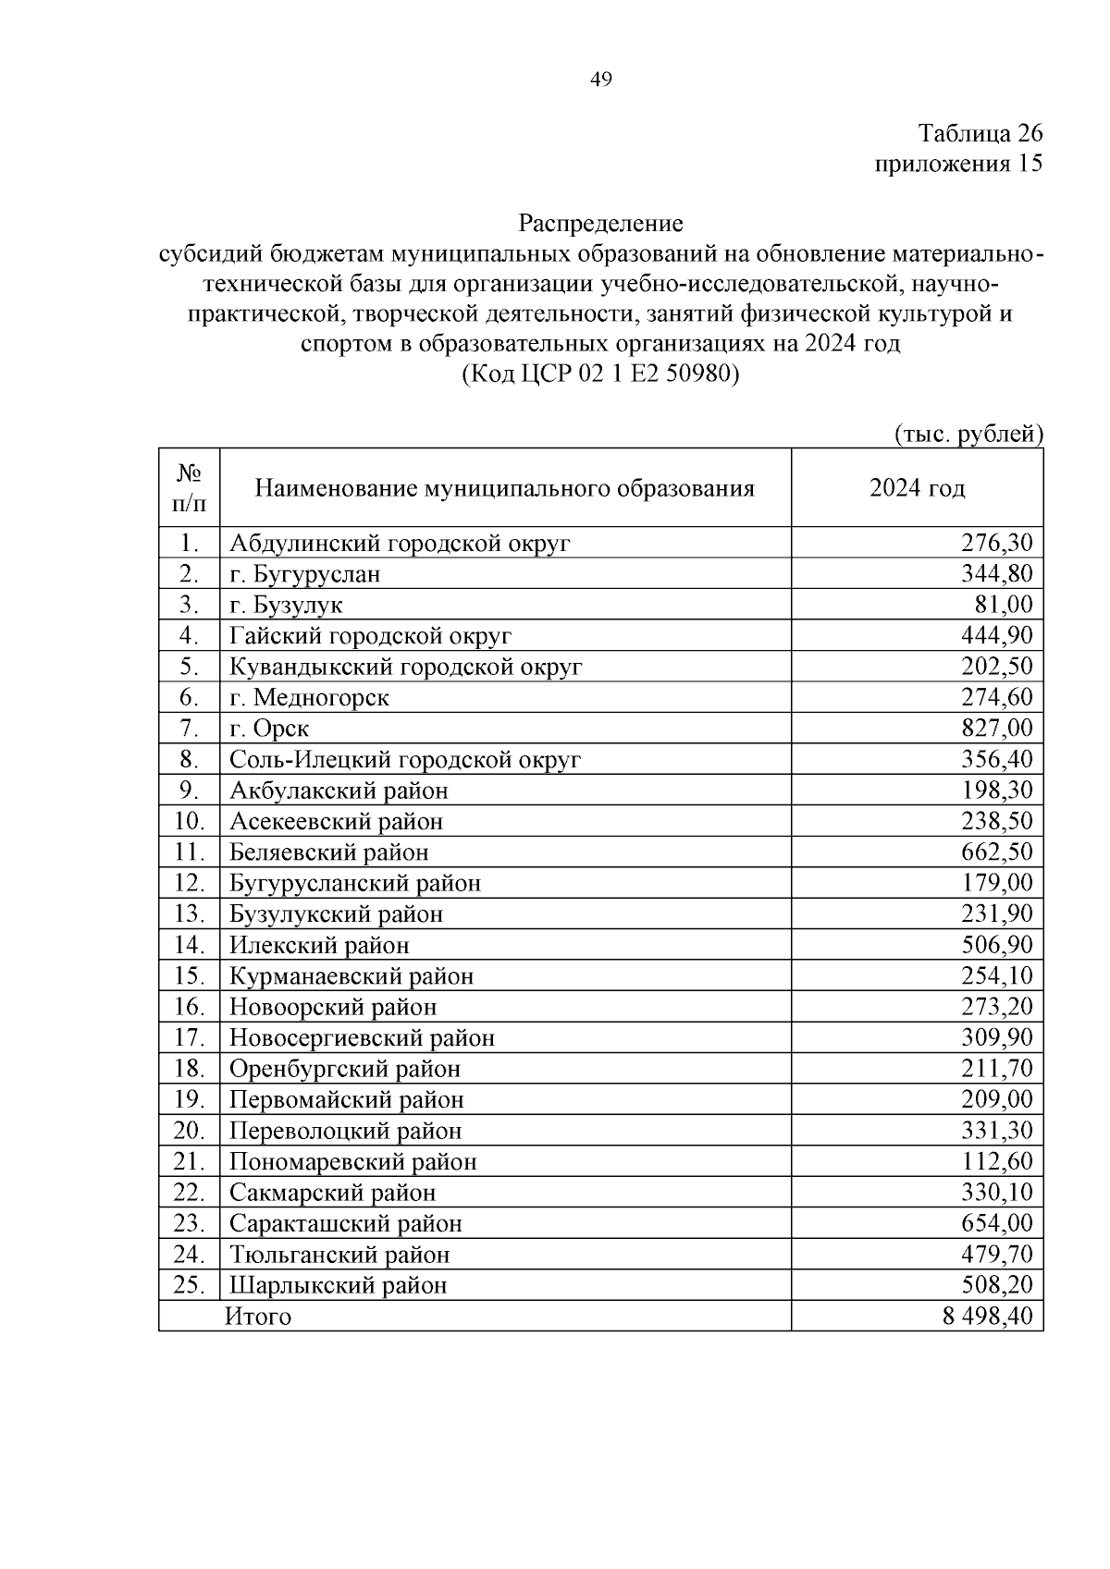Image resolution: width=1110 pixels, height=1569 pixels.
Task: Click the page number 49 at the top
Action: pyautogui.click(x=600, y=80)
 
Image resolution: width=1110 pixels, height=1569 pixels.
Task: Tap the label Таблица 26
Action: pyautogui.click(x=980, y=133)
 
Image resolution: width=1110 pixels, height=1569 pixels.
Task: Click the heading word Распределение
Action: pyautogui.click(x=600, y=223)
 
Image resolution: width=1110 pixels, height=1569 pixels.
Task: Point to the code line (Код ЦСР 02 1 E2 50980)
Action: pyautogui.click(x=600, y=374)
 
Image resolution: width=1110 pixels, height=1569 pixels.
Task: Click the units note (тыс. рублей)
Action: pyautogui.click(x=968, y=434)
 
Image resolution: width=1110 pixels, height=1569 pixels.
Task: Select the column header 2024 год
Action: pyautogui.click(x=917, y=488)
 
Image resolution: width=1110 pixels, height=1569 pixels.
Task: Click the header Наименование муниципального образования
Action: pyautogui.click(x=504, y=488)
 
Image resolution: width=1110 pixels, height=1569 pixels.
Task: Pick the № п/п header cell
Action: pyautogui.click(x=189, y=488)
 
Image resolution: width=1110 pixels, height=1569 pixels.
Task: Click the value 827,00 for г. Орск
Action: pyautogui.click(x=997, y=729)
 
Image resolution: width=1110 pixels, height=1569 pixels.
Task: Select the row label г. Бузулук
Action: pyautogui.click(x=286, y=605)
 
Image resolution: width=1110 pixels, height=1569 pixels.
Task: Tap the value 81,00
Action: pyautogui.click(x=1005, y=605)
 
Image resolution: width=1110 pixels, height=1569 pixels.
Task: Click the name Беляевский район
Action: pyautogui.click(x=328, y=852)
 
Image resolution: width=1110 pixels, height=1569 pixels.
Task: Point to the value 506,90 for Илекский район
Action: pyautogui.click(x=997, y=945)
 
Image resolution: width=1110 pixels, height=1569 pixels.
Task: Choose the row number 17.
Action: pyautogui.click(x=189, y=1037)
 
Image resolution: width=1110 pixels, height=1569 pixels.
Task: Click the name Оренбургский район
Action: pyautogui.click(x=344, y=1069)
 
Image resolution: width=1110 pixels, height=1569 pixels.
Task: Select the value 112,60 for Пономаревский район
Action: pyautogui.click(x=997, y=1161)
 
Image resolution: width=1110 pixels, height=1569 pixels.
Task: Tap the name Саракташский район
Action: pyautogui.click(x=345, y=1223)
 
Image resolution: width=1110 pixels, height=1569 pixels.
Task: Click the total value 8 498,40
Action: pyautogui.click(x=987, y=1317)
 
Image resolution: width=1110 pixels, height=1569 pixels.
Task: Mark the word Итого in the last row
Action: pyautogui.click(x=258, y=1317)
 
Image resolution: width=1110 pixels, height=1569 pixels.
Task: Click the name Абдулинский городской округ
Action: pyautogui.click(x=400, y=543)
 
